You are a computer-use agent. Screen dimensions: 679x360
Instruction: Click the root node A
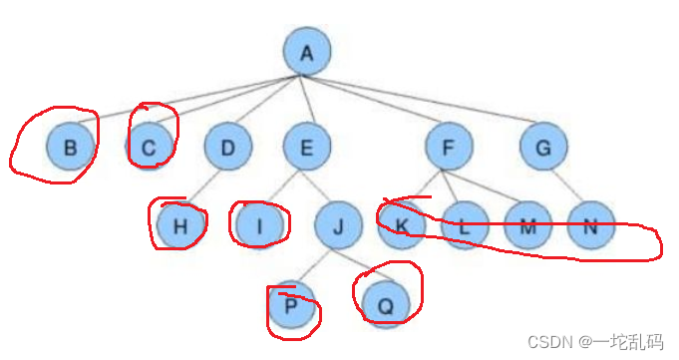click(x=307, y=51)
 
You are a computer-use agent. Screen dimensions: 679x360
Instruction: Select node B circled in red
click(x=71, y=147)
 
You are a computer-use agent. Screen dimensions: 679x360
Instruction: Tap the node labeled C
click(x=150, y=147)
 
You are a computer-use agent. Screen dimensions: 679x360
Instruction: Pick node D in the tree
click(x=228, y=147)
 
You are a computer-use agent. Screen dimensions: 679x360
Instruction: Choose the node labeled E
click(x=307, y=147)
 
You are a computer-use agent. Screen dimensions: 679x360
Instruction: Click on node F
click(x=449, y=147)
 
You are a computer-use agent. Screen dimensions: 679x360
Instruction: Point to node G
click(x=543, y=147)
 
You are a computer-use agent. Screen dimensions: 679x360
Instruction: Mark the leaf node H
click(x=180, y=225)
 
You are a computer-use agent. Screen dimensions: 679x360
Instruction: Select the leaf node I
click(x=260, y=225)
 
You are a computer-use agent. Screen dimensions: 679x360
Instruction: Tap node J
click(x=338, y=225)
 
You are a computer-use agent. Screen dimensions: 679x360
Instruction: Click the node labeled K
click(x=402, y=225)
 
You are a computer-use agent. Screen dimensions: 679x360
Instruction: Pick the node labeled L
click(x=465, y=225)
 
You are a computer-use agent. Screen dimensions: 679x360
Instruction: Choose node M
click(x=527, y=225)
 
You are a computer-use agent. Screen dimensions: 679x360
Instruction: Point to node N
click(x=591, y=225)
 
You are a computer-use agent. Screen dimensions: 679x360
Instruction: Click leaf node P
click(x=291, y=304)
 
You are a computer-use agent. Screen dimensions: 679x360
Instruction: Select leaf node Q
click(x=386, y=304)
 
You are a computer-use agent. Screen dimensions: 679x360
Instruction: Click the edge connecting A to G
click(x=419, y=99)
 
